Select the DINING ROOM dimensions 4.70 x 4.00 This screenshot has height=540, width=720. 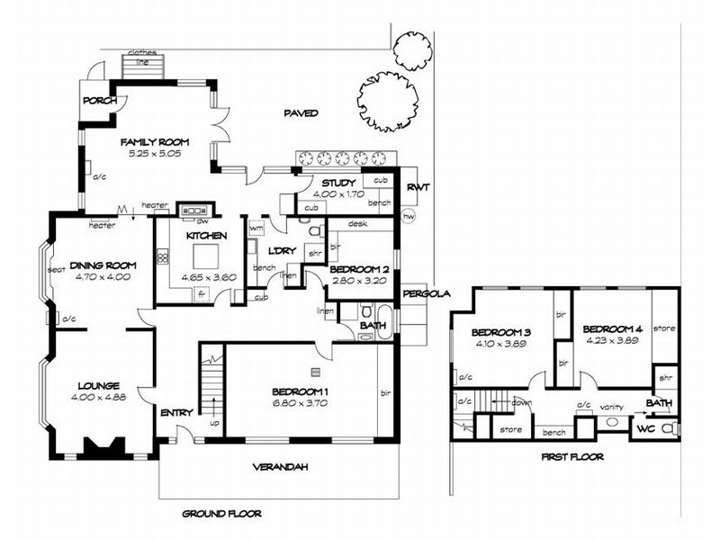click(102, 277)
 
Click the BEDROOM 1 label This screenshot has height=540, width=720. click(301, 391)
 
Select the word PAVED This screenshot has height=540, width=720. click(301, 113)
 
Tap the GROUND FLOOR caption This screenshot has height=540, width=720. click(221, 514)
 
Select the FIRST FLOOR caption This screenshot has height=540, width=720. click(573, 456)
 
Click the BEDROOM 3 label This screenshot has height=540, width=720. click(500, 333)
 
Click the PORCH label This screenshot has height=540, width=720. click(99, 101)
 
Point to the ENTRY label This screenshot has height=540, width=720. click(176, 412)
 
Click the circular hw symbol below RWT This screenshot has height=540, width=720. click(409, 217)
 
